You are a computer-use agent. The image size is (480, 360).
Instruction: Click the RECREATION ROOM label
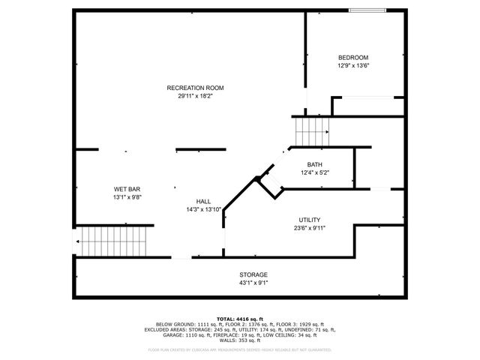tap(195, 88)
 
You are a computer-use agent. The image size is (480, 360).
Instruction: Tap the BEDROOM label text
tap(352, 58)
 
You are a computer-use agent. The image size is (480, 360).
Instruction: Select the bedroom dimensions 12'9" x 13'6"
tap(352, 65)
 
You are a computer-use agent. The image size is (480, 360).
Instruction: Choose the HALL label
tap(203, 202)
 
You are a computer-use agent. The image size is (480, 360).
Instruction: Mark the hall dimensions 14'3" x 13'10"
tap(203, 209)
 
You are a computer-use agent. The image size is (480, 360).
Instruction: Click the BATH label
tap(315, 164)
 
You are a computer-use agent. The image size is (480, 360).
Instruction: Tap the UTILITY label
tap(309, 220)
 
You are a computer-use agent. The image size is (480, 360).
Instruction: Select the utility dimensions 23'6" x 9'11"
tap(309, 227)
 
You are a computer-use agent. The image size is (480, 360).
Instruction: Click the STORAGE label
tap(253, 274)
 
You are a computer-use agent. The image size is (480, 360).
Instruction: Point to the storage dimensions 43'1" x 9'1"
tap(253, 282)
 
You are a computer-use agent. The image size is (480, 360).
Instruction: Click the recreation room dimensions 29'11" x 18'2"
tap(195, 95)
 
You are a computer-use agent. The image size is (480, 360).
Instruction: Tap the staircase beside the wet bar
tap(112, 241)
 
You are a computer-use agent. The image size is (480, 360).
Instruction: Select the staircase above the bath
tap(311, 132)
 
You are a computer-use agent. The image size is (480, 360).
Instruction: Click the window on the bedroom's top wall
tap(368, 10)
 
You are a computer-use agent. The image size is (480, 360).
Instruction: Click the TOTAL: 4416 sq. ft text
tap(241, 319)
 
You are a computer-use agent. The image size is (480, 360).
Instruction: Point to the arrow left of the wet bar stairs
tap(77, 241)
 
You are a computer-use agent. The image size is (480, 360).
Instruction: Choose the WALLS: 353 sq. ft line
tap(241, 341)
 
